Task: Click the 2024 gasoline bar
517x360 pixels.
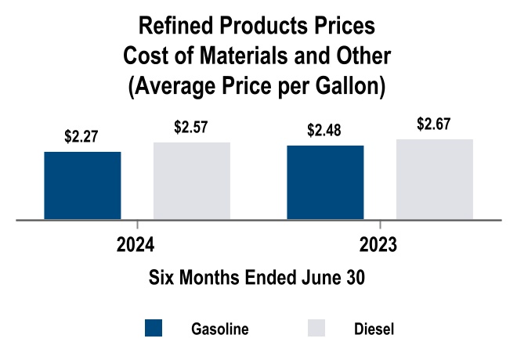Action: click(82, 185)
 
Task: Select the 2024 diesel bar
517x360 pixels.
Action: click(192, 181)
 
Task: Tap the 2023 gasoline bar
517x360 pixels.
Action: click(325, 182)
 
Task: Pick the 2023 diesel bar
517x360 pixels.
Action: click(435, 179)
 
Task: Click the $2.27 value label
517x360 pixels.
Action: click(81, 137)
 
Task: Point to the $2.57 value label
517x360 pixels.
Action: click(191, 127)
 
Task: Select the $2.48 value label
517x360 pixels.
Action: click(325, 130)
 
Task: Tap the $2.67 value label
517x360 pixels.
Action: click(435, 124)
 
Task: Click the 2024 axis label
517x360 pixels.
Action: click(135, 244)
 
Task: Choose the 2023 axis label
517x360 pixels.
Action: click(378, 244)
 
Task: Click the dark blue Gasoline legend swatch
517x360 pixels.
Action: click(154, 329)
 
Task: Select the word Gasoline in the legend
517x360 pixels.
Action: click(220, 329)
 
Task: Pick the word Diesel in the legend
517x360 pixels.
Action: click(373, 329)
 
